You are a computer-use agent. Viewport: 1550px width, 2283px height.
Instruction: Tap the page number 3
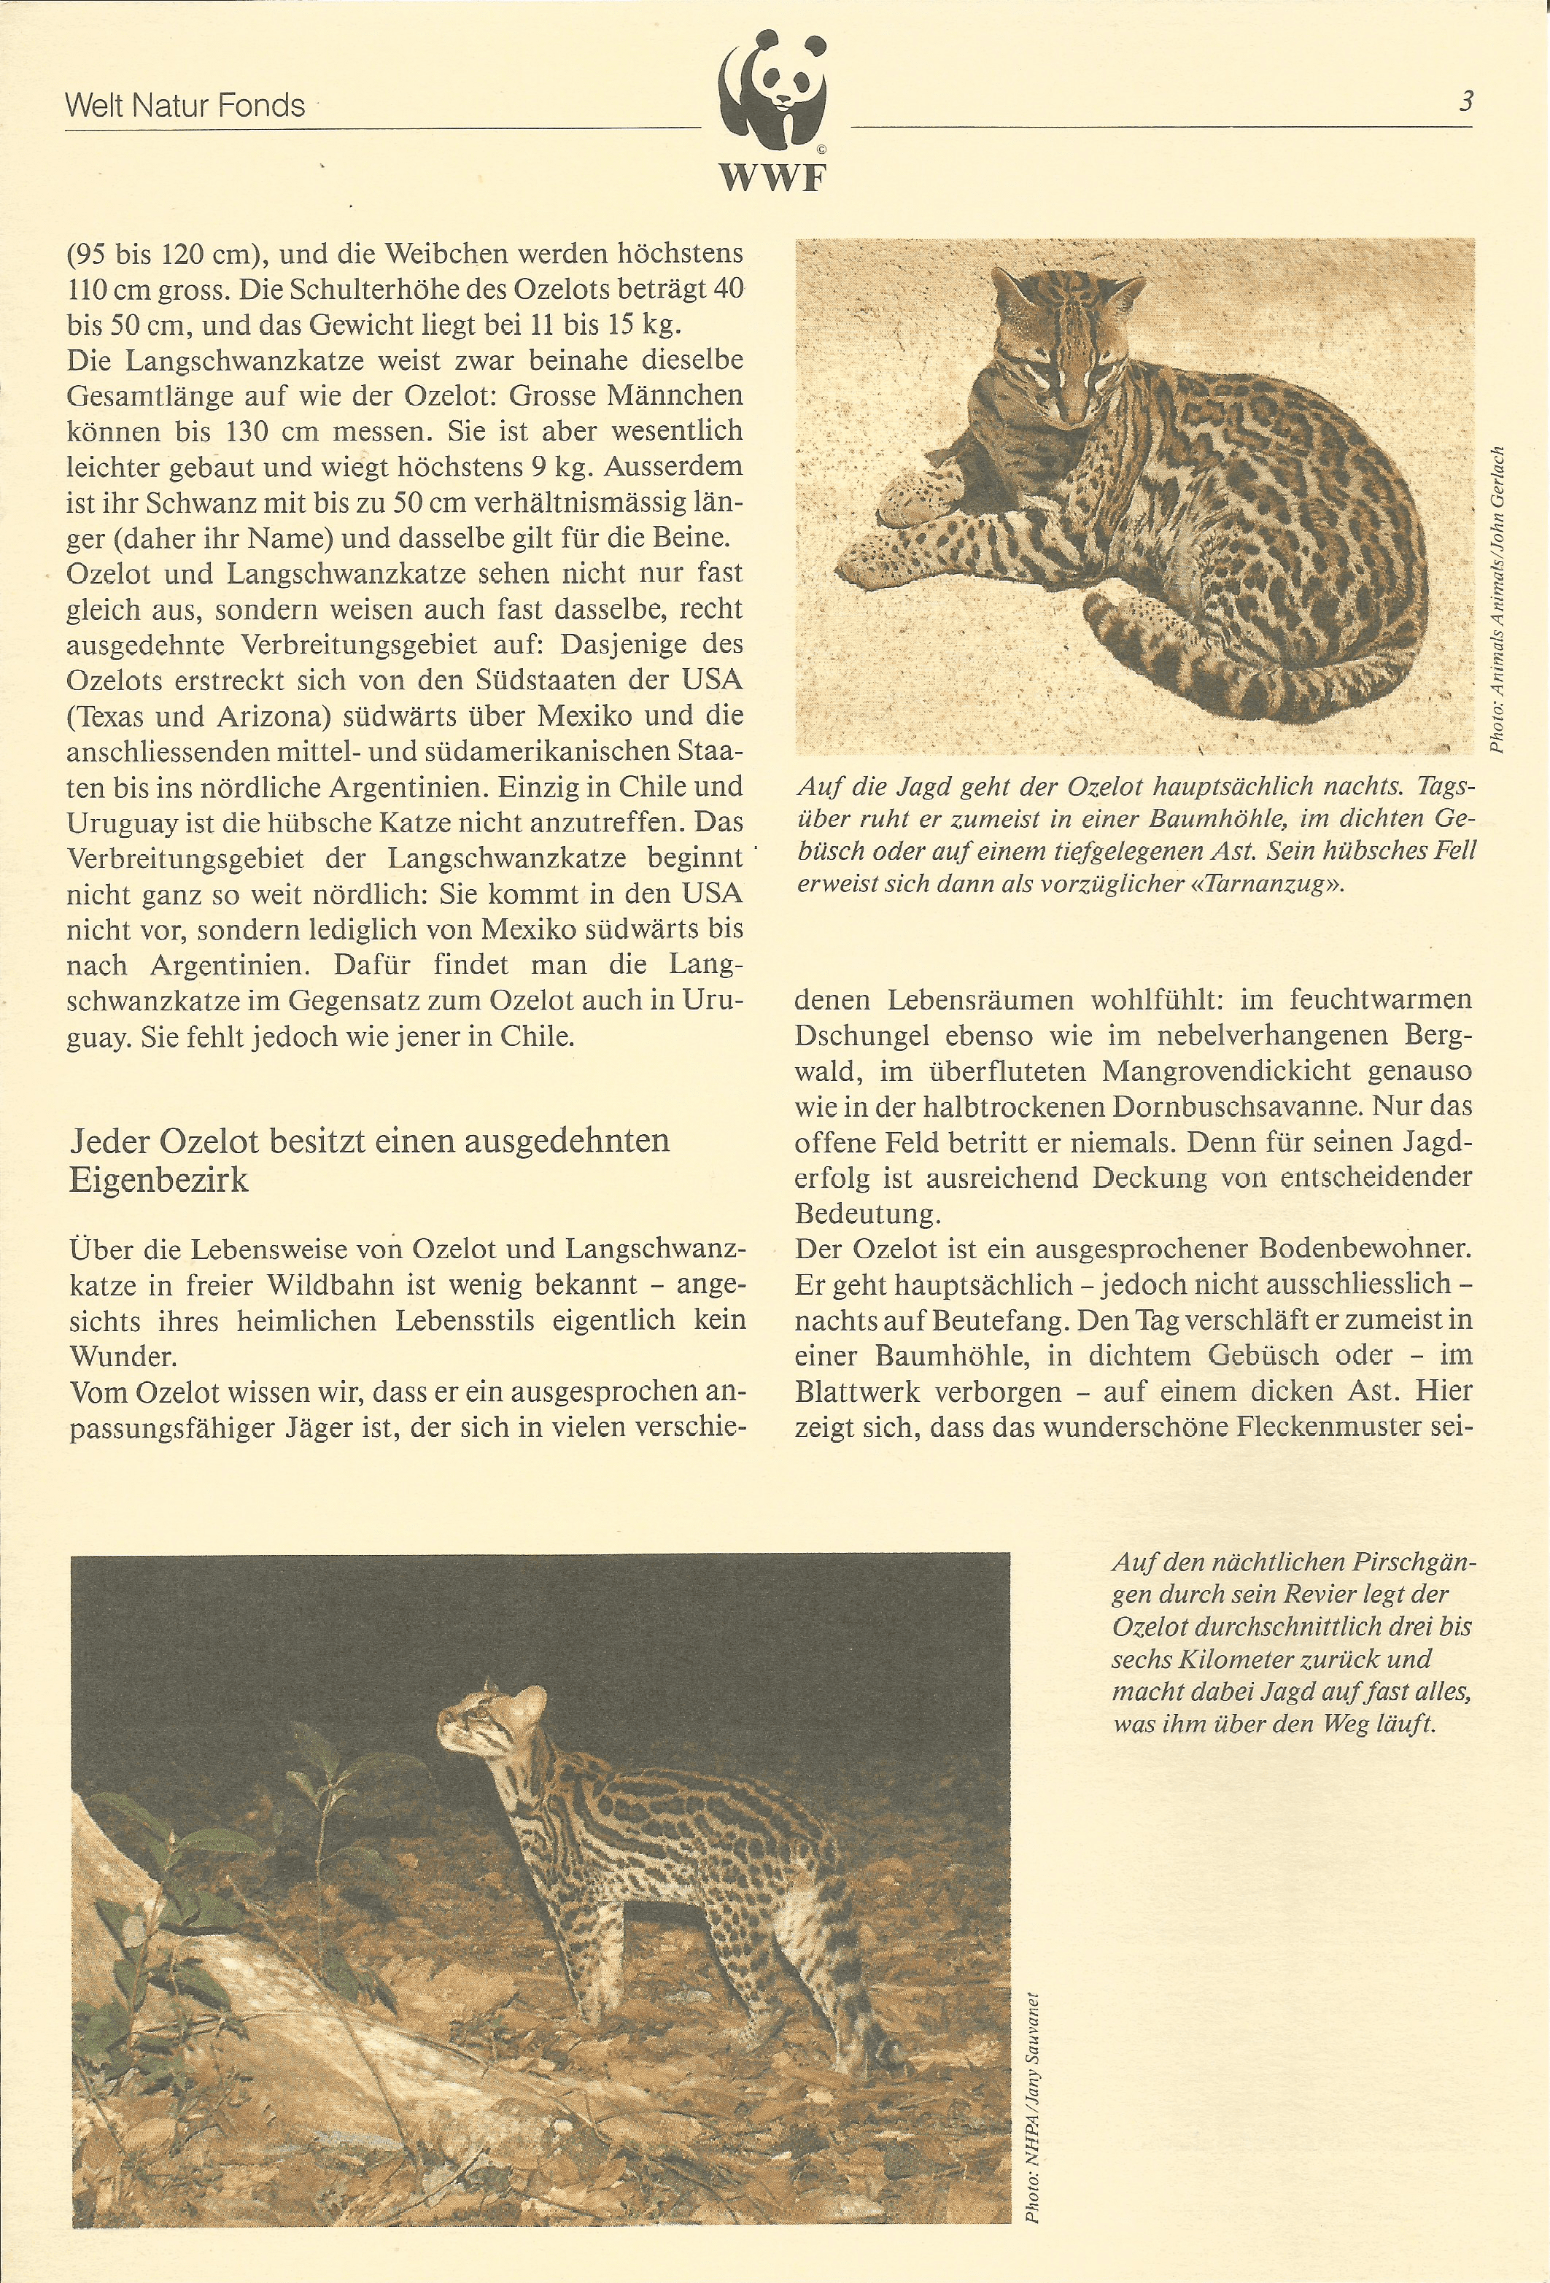(x=1465, y=101)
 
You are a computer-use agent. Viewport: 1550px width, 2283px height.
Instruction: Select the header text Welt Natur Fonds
(x=185, y=106)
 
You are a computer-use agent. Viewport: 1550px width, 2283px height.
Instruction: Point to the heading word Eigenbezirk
(x=159, y=1179)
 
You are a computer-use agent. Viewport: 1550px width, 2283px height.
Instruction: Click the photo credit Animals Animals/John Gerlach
(x=1497, y=600)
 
